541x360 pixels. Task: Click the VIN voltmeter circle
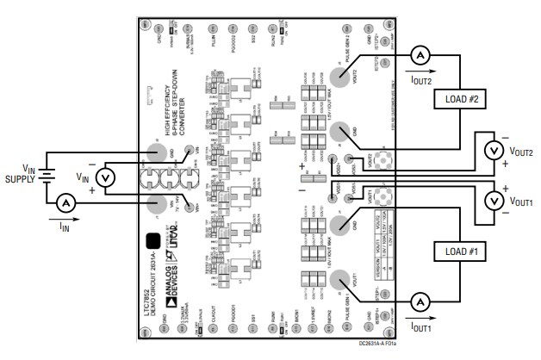(103, 177)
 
